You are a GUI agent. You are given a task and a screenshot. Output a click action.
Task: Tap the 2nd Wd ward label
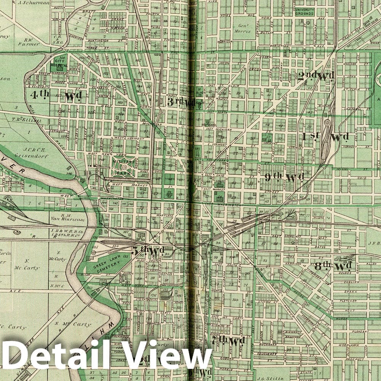[x=316, y=76]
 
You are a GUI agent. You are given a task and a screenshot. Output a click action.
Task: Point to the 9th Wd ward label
[x=285, y=177]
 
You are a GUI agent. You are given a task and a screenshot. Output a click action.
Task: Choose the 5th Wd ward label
[x=148, y=251]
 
